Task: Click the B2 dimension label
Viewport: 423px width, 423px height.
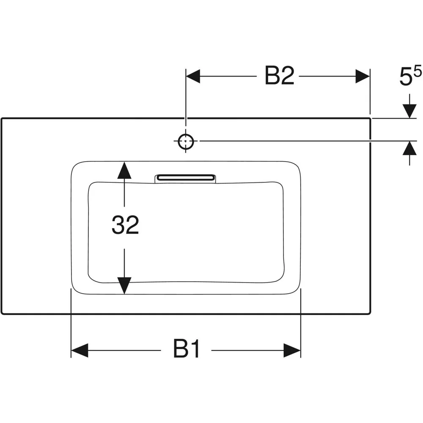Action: click(279, 76)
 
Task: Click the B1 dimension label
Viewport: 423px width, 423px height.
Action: click(187, 349)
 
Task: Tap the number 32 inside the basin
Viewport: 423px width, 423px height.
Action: click(126, 225)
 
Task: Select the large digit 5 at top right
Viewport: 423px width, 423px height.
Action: click(406, 77)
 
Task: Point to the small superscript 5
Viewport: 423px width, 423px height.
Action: click(418, 72)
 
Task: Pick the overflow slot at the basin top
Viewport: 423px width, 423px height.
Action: click(185, 178)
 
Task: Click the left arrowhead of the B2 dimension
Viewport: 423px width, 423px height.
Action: click(193, 76)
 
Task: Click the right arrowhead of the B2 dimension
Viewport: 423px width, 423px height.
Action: click(363, 76)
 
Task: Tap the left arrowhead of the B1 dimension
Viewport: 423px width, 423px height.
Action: click(80, 350)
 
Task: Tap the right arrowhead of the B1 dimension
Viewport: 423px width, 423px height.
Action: click(292, 350)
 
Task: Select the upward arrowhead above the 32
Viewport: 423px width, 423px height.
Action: click(124, 170)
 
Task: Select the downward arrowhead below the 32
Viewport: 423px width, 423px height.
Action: click(124, 286)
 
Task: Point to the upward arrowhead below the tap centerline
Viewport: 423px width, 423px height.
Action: click(409, 148)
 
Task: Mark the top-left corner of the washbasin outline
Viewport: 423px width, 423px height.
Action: click(2, 118)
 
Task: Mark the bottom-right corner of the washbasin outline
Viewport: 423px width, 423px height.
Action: click(370, 313)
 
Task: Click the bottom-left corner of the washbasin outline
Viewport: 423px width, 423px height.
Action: click(2, 313)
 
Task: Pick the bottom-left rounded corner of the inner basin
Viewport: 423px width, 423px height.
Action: click(92, 280)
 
